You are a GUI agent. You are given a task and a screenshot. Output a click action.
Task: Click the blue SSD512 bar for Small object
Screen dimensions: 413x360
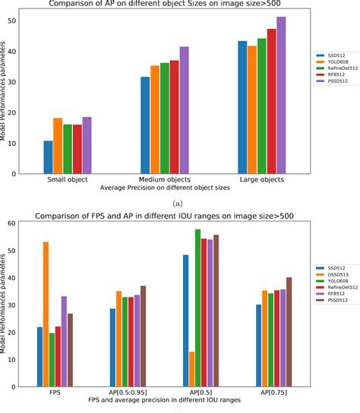tap(48, 157)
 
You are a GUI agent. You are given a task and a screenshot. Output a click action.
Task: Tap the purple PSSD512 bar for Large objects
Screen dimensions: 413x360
tap(281, 95)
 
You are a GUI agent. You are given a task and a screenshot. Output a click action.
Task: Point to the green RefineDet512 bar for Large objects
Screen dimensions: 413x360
tap(261, 106)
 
